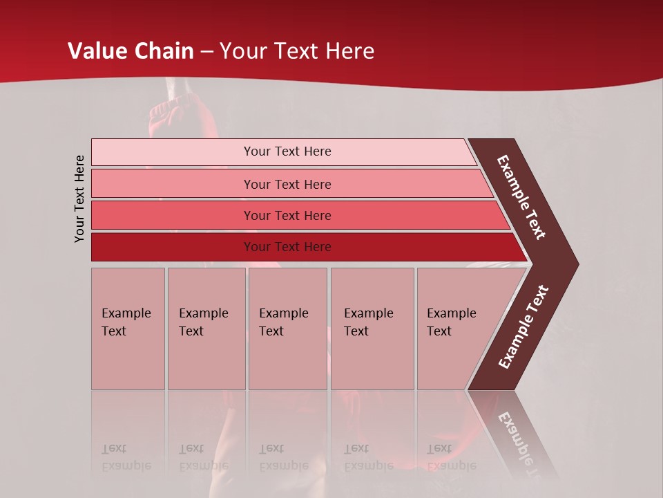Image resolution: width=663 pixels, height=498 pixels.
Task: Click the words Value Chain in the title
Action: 131,51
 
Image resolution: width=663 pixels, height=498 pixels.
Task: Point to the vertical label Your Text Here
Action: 79,199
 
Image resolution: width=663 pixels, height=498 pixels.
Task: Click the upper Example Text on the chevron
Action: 521,198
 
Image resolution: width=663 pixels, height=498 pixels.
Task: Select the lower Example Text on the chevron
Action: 523,326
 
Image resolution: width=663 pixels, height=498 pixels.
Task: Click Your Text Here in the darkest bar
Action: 287,247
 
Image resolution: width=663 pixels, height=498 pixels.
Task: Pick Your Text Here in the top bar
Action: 287,151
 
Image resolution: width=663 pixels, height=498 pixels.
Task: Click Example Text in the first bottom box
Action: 126,322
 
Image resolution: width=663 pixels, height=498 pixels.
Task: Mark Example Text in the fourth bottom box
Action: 368,322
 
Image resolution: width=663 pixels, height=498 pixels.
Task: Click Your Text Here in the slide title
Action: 297,51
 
